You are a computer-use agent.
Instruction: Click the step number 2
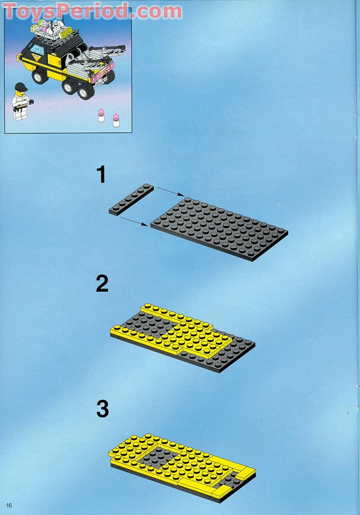pyautogui.click(x=102, y=284)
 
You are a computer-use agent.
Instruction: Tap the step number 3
pyautogui.click(x=103, y=409)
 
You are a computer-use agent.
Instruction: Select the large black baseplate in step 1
pyautogui.click(x=220, y=228)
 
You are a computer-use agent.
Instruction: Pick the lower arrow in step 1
pyautogui.click(x=134, y=221)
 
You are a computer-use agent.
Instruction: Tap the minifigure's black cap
pyautogui.click(x=21, y=87)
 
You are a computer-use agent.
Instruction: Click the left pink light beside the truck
pyautogui.click(x=101, y=117)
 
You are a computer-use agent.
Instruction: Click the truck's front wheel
pyautogui.click(x=40, y=77)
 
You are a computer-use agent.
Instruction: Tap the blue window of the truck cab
pyautogui.click(x=37, y=50)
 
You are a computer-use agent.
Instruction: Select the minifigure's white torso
pyautogui.click(x=21, y=102)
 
